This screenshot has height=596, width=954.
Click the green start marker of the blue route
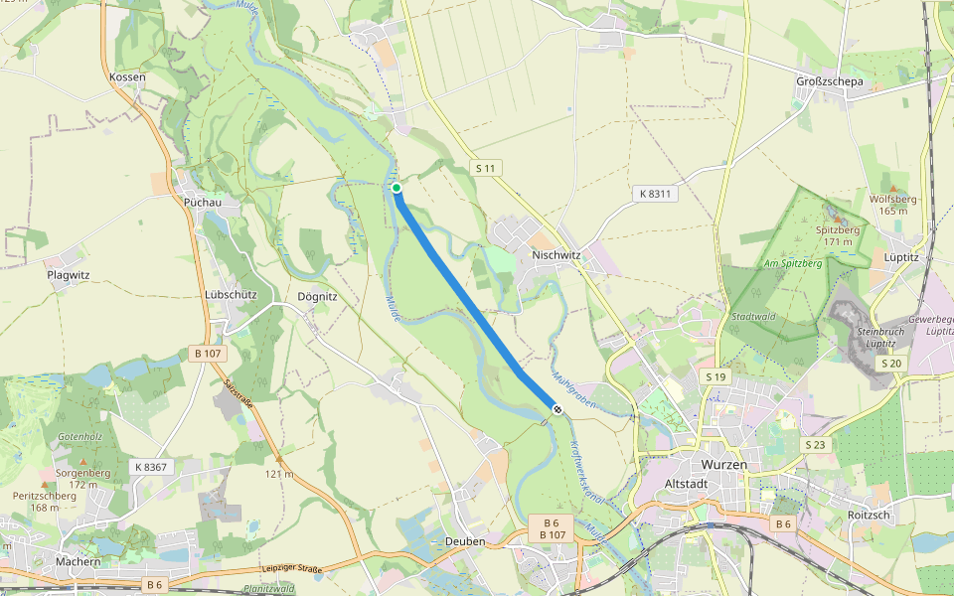tap(396, 188)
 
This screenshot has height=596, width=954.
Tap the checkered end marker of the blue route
tap(557, 409)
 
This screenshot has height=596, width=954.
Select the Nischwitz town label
tap(556, 254)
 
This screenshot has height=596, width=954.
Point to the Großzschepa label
tap(830, 80)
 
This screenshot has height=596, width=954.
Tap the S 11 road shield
tap(485, 169)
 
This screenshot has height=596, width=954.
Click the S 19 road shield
tap(715, 377)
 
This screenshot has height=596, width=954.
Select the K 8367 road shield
tap(150, 466)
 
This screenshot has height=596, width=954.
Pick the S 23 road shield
tap(816, 444)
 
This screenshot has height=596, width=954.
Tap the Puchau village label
tap(203, 202)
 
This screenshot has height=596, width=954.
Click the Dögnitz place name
tap(319, 296)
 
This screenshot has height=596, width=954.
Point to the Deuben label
tap(465, 541)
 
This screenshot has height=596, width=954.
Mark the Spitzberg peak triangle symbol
tap(836, 219)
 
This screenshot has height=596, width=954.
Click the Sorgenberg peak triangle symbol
tap(83, 462)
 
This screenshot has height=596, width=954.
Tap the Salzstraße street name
tap(240, 399)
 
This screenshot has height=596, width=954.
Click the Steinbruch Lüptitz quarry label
tap(877, 337)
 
